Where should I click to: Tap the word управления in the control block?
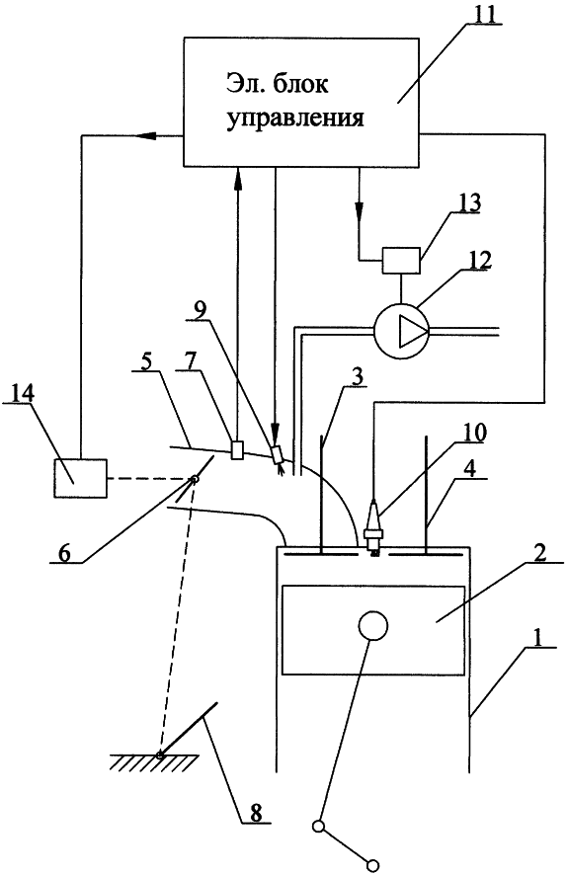coord(295,119)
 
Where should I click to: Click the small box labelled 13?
coord(401,260)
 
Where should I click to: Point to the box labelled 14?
coord(80,478)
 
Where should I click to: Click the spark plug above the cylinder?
coord(373,529)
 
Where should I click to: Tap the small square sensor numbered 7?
coord(237,449)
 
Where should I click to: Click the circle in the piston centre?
coord(372,625)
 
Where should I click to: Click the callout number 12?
coord(480,260)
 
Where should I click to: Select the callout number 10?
coord(475,433)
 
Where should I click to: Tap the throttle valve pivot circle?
coord(194,479)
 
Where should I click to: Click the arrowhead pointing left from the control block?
coord(146,135)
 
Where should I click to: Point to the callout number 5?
coord(146,361)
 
